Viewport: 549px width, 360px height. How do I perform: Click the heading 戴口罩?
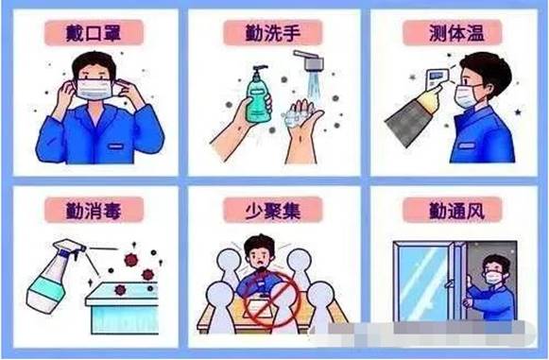click(x=94, y=33)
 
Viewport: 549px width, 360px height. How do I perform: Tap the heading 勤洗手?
click(x=273, y=33)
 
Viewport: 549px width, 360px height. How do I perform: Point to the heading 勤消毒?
click(x=94, y=211)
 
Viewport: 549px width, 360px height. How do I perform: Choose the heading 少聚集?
click(x=273, y=211)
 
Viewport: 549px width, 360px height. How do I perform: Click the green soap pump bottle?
click(x=259, y=94)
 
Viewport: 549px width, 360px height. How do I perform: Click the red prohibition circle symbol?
click(x=272, y=300)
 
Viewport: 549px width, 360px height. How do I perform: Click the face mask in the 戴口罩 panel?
click(x=94, y=90)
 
